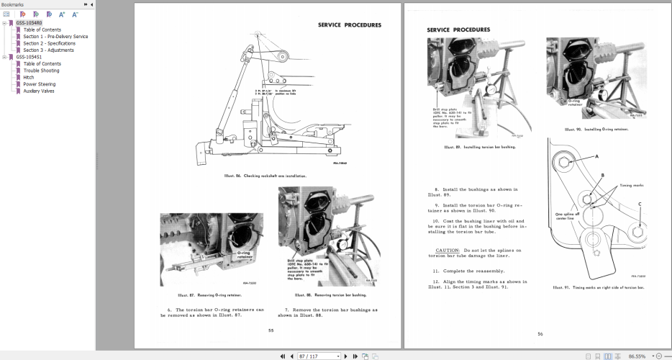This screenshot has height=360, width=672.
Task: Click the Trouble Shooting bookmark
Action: point(41,71)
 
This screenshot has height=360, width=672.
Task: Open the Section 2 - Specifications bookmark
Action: point(48,43)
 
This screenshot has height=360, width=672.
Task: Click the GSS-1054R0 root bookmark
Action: point(29,23)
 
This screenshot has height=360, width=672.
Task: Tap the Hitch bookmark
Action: point(29,77)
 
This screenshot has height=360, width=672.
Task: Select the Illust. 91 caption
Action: point(598,287)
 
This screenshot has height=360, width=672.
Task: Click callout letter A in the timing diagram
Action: point(596,156)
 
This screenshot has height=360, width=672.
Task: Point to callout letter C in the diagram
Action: point(640,204)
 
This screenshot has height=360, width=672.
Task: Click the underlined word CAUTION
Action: point(437,249)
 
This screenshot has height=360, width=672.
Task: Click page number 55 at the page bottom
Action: point(271,330)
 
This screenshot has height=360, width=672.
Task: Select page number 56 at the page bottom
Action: point(540,334)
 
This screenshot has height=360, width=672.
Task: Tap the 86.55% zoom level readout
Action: point(637,356)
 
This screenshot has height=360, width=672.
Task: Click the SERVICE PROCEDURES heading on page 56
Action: point(458,30)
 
